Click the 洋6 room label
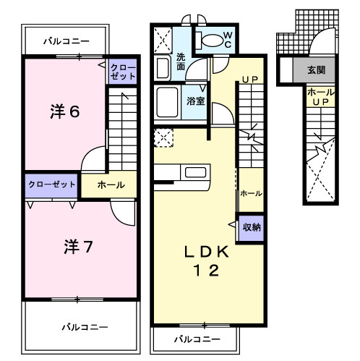[64, 113]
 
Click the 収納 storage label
[252, 227]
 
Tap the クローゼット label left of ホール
[52, 184]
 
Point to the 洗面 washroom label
[182, 61]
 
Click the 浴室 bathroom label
[195, 101]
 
